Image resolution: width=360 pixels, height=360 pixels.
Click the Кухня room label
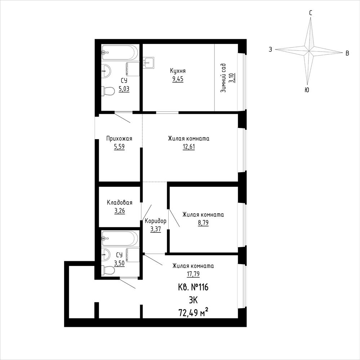pyautogui.click(x=178, y=71)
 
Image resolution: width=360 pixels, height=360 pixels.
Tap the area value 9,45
pyautogui.click(x=178, y=79)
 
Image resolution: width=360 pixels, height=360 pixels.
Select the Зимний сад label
pyautogui.click(x=223, y=78)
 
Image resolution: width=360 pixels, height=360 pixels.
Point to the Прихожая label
pyautogui.click(x=119, y=138)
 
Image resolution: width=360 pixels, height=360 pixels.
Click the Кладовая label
pyautogui.click(x=120, y=203)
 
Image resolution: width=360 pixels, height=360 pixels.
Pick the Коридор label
pyautogui.click(x=156, y=221)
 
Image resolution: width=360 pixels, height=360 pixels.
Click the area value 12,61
pyautogui.click(x=189, y=146)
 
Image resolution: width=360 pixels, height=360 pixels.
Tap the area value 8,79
pyautogui.click(x=203, y=223)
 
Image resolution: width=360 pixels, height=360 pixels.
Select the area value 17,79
pyautogui.click(x=193, y=274)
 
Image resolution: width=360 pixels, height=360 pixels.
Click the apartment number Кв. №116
pyautogui.click(x=193, y=287)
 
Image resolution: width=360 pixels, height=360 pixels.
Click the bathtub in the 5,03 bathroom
pyautogui.click(x=120, y=53)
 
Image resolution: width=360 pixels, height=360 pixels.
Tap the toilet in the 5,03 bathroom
pyautogui.click(x=108, y=91)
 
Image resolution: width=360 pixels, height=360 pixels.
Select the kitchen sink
pyautogui.click(x=148, y=63)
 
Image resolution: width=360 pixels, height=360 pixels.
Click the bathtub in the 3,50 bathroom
pyautogui.click(x=120, y=239)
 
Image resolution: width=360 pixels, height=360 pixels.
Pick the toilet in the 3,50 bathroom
pyautogui.click(x=108, y=271)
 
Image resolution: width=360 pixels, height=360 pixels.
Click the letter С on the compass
pyautogui.click(x=311, y=13)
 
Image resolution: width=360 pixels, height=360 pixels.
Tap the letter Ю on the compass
pyautogui.click(x=307, y=90)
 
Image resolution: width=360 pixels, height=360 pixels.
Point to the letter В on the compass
pyautogui.click(x=347, y=53)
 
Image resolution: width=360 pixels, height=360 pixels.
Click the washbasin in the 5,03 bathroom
pyautogui.click(x=107, y=71)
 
